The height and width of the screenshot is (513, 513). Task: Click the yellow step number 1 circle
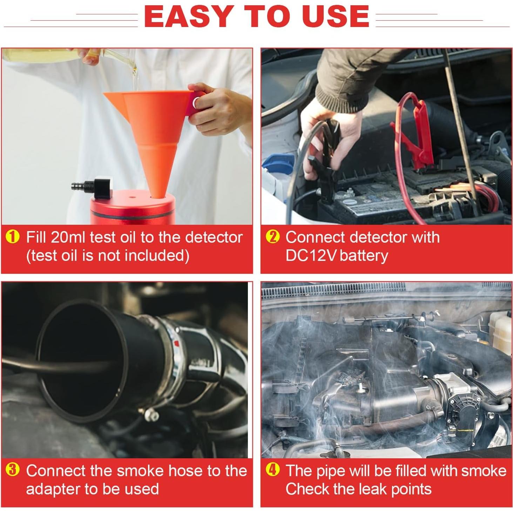pos(12,237)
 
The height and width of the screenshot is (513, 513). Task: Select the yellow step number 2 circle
pos(273,237)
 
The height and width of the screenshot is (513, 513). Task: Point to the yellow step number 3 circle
pos(12,470)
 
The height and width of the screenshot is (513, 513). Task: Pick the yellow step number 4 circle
pos(273,470)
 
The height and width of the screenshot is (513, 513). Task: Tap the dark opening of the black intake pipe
pos(77,361)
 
